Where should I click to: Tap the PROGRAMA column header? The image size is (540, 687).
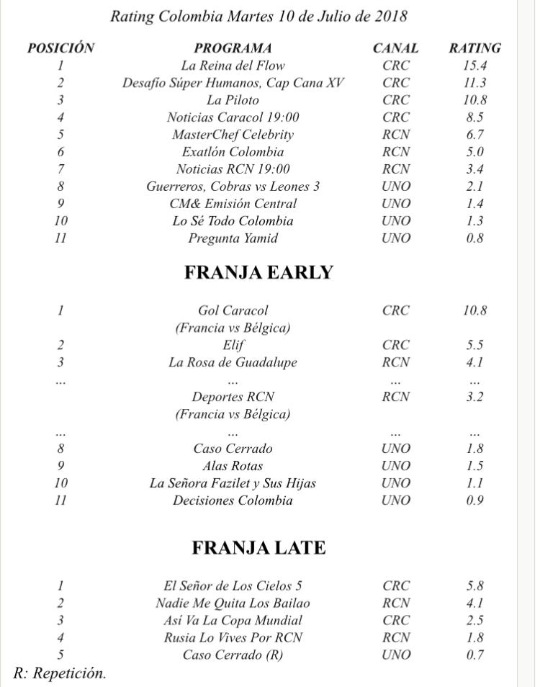coord(233,48)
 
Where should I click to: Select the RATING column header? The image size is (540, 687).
coord(474,48)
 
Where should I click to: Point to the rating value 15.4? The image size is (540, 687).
coord(474,66)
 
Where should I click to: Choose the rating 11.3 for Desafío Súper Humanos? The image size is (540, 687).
coord(474,83)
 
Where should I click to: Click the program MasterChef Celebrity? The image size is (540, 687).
coord(233,135)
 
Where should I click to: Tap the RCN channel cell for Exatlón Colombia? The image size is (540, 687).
coord(396,152)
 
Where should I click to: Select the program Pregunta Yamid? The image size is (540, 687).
coord(233,238)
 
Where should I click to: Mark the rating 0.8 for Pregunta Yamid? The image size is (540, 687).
coord(474,238)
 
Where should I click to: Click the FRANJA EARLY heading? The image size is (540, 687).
coord(258,272)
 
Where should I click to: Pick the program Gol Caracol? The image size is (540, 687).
coord(233,310)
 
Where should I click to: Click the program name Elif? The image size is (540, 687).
coord(233,345)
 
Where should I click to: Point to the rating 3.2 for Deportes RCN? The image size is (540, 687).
coord(474,397)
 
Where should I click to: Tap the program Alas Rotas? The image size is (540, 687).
coord(233,466)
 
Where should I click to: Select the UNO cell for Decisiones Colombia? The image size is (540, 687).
coord(396,500)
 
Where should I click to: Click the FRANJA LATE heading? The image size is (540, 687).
coord(258,548)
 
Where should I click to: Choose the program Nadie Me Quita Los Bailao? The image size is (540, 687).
coord(233,603)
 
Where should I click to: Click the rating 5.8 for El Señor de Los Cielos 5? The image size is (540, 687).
coord(474,585)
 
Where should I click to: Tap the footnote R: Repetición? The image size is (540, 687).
coord(60,673)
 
